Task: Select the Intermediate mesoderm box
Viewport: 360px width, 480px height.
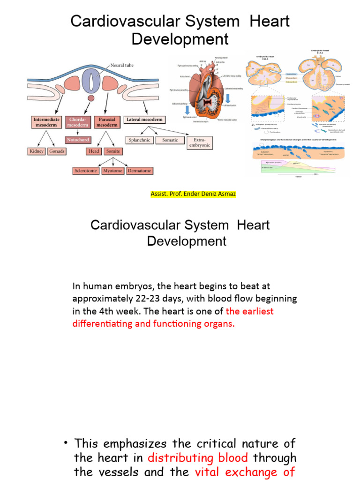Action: pyautogui.click(x=46, y=122)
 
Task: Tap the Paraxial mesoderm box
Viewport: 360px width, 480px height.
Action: pyautogui.click(x=107, y=122)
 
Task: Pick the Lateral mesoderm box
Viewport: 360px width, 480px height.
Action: pyautogui.click(x=144, y=120)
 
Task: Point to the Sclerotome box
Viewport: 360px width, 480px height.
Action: pyautogui.click(x=86, y=171)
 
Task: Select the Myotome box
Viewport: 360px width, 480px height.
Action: pyautogui.click(x=113, y=171)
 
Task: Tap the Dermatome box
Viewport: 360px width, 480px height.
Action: pyautogui.click(x=140, y=171)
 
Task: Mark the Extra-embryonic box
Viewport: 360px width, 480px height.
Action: pyautogui.click(x=199, y=142)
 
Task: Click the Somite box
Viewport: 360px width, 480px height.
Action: pyautogui.click(x=113, y=151)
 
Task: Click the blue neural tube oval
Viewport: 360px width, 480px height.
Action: pyautogui.click(x=91, y=82)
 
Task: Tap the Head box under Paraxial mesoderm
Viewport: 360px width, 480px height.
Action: pyautogui.click(x=94, y=151)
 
